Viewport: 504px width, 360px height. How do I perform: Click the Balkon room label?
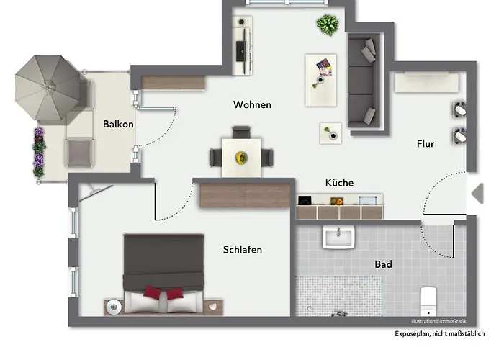(118, 124)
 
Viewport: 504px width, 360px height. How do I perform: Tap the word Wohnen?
(252, 105)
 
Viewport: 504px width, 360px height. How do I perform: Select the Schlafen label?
(242, 250)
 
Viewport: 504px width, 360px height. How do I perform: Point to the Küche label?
(339, 183)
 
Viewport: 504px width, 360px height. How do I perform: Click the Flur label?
(426, 143)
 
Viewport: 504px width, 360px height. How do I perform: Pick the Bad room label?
(383, 264)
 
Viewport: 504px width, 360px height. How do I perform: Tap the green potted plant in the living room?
(328, 26)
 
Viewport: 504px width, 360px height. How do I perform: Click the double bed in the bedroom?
(163, 272)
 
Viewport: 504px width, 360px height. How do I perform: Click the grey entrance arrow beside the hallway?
(477, 193)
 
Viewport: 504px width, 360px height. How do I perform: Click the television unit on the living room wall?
(244, 45)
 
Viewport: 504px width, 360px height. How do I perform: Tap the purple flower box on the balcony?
(39, 150)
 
